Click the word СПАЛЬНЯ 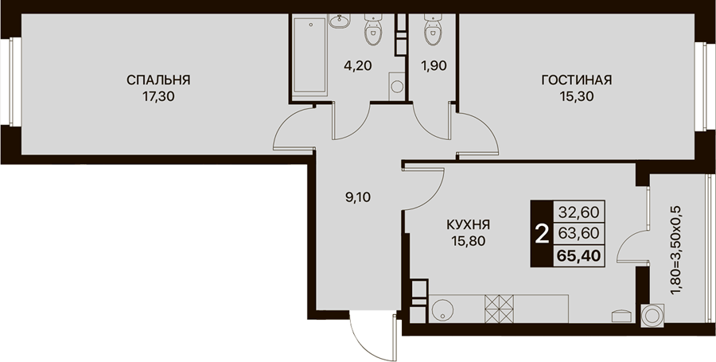[158, 80]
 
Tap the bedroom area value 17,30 [158, 97]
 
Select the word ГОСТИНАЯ [576, 80]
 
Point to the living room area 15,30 [576, 97]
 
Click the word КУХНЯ [468, 224]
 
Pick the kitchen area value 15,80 [468, 241]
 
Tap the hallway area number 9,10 [359, 197]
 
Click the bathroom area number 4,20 [358, 65]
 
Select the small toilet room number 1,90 [433, 65]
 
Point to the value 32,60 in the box [578, 212]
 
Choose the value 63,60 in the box [578, 234]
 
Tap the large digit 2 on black [542, 235]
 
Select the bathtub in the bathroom [309, 56]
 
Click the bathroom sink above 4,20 [339, 21]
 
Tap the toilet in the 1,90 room [432, 29]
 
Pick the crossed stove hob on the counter [499, 309]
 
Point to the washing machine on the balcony [652, 315]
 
